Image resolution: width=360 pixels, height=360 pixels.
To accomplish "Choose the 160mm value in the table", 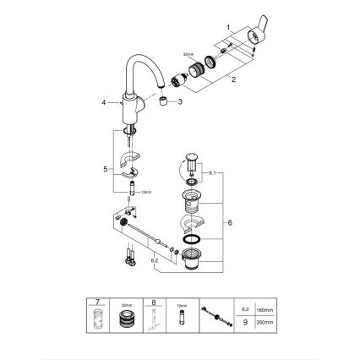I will click(x=264, y=310).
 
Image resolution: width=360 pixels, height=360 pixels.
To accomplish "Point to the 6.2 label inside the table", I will click(x=246, y=310).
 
